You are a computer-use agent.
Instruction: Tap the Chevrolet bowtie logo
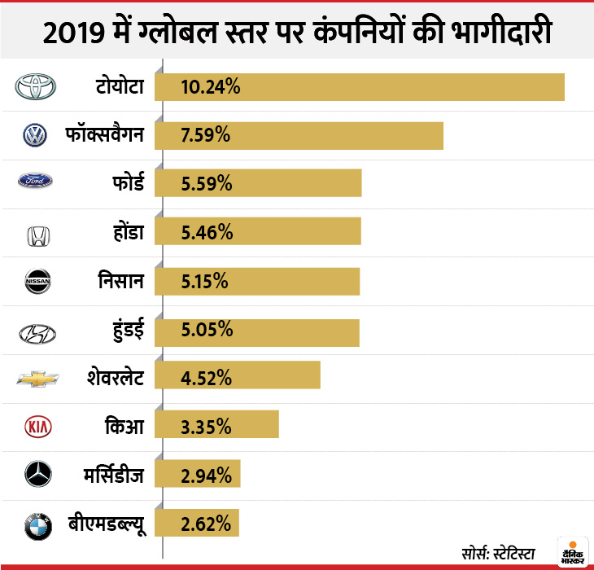(x=37, y=379)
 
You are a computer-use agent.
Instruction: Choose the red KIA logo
(x=37, y=427)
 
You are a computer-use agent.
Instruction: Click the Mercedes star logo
(x=37, y=474)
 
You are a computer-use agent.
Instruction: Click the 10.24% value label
(x=211, y=87)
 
